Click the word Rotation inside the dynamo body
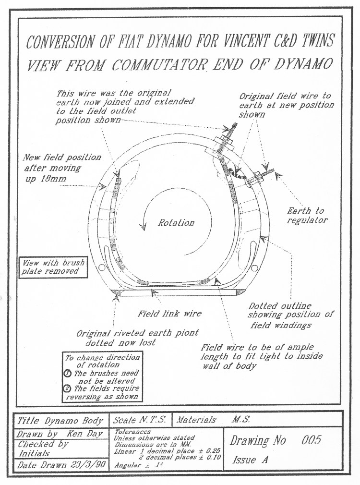coord(177,222)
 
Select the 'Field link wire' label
coord(170,314)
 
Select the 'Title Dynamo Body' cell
coord(60,421)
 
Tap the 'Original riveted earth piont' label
coord(137,333)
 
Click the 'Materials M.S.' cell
coord(211,420)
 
